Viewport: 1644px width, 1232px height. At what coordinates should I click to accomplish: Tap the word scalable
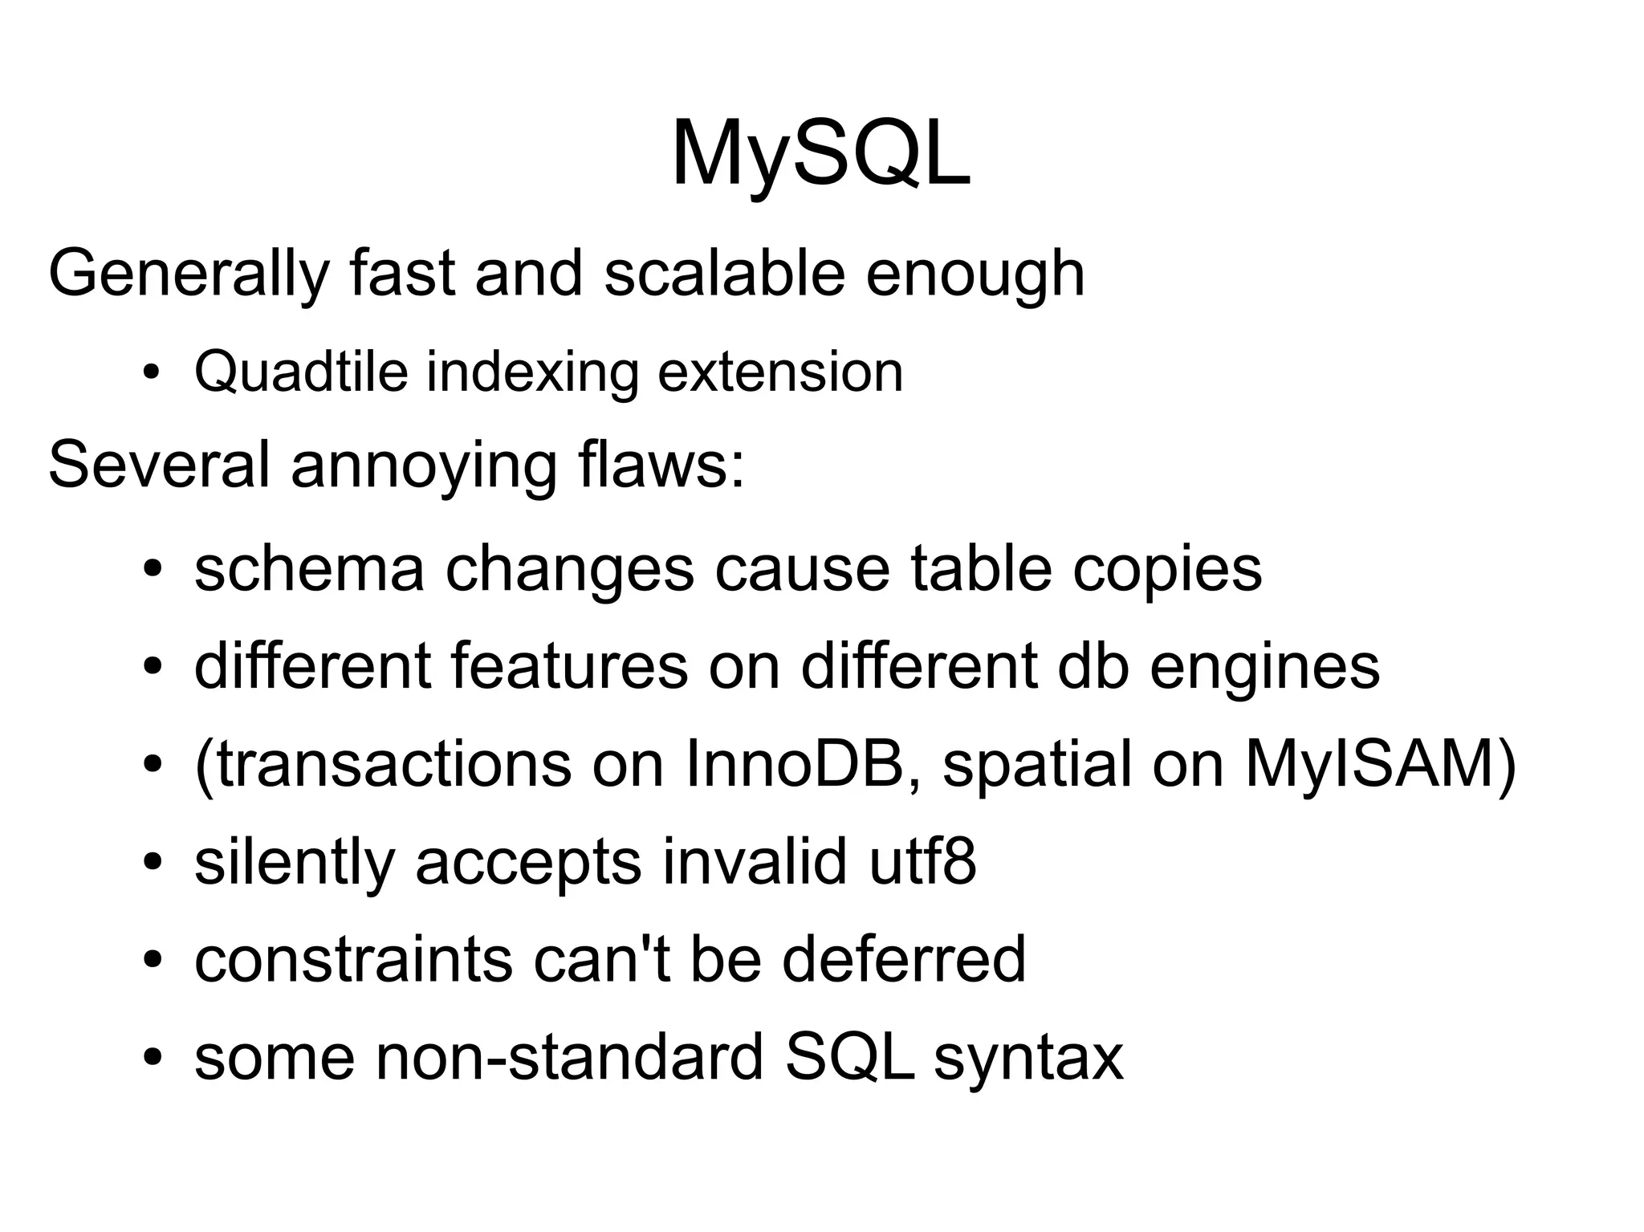[x=724, y=273]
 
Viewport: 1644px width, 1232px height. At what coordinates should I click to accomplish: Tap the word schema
[x=309, y=569]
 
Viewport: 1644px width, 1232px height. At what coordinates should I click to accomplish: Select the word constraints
[x=353, y=959]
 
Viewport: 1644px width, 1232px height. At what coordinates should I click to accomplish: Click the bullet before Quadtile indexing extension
[x=150, y=374]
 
